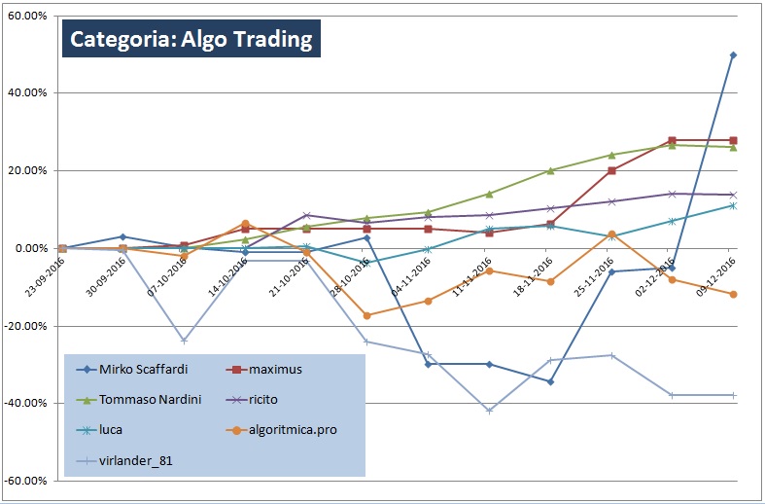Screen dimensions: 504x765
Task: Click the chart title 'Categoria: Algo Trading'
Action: click(191, 40)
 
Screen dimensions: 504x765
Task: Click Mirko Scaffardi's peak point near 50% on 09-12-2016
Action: click(733, 55)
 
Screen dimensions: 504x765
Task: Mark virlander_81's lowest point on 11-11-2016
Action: click(489, 411)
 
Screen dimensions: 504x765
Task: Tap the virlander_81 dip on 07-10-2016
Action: click(184, 341)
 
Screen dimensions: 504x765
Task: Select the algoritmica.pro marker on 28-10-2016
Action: click(366, 315)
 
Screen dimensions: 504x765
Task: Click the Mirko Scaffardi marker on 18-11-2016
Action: click(550, 381)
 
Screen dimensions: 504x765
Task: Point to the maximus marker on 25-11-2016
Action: click(611, 170)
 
